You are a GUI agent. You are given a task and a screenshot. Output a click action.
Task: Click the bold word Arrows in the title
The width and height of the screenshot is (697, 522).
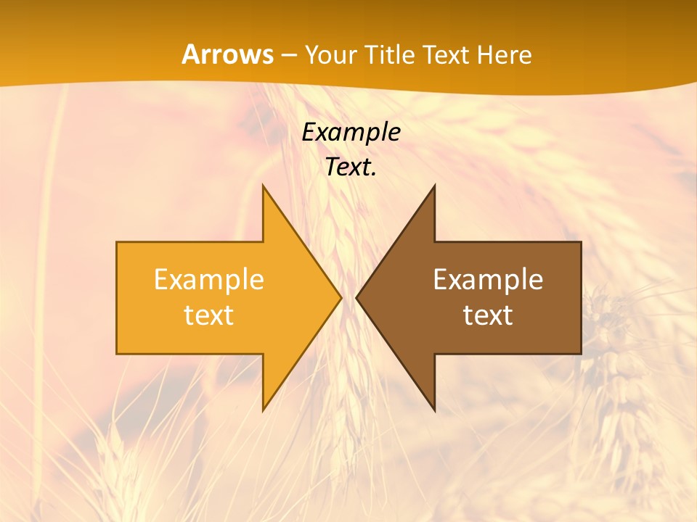click(x=228, y=54)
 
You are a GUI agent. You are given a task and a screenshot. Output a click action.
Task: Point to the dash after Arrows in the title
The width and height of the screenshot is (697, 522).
click(x=289, y=56)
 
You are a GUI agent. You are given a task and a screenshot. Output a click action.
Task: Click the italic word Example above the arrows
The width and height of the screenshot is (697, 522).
click(x=351, y=133)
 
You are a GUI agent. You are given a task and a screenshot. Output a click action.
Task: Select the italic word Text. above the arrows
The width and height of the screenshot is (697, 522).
click(x=351, y=167)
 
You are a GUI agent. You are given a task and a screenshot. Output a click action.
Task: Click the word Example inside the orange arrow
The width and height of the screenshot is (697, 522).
click(x=209, y=280)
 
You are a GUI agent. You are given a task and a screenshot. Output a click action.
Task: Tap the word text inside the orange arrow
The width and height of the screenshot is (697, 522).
click(x=209, y=315)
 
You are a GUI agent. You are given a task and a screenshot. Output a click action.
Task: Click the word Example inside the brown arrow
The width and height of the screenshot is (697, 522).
click(x=488, y=280)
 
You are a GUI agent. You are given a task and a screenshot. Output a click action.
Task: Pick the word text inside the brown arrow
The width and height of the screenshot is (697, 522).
click(x=488, y=315)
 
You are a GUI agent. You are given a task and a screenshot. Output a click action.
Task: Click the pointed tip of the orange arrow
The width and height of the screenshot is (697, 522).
click(x=340, y=298)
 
